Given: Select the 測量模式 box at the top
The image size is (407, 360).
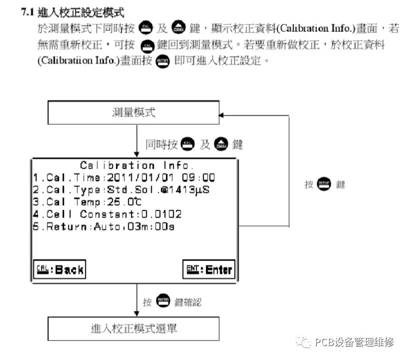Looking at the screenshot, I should (x=133, y=112).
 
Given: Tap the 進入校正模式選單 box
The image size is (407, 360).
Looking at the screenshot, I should (x=133, y=329).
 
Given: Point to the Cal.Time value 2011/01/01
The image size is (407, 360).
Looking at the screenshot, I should (x=132, y=177).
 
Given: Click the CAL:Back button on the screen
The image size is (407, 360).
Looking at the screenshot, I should (x=59, y=270).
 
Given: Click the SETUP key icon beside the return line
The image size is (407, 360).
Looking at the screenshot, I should (x=324, y=184).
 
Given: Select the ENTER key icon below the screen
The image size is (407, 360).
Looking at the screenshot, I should (x=163, y=301).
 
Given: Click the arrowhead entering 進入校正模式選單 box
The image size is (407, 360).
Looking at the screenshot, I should (x=136, y=314).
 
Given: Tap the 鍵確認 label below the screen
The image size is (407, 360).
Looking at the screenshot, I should (x=188, y=302).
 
